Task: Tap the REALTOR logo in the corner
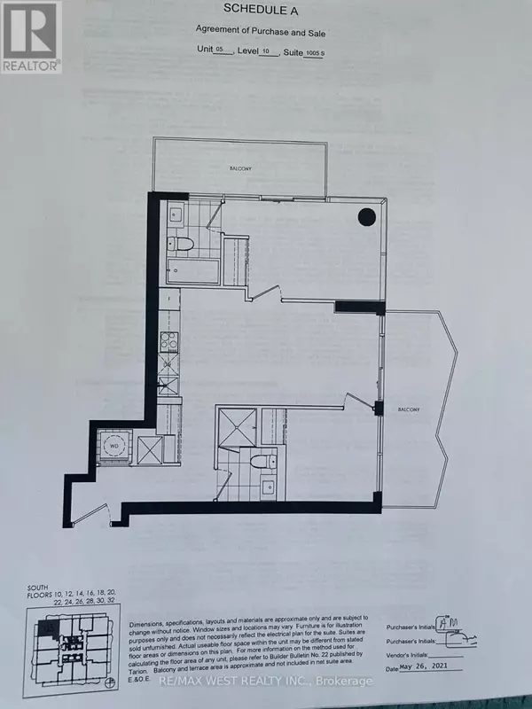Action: (31, 36)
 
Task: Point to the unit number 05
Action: (219, 51)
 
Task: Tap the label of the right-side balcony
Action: (410, 409)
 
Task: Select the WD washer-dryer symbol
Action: (113, 446)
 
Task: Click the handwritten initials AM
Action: (454, 627)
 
